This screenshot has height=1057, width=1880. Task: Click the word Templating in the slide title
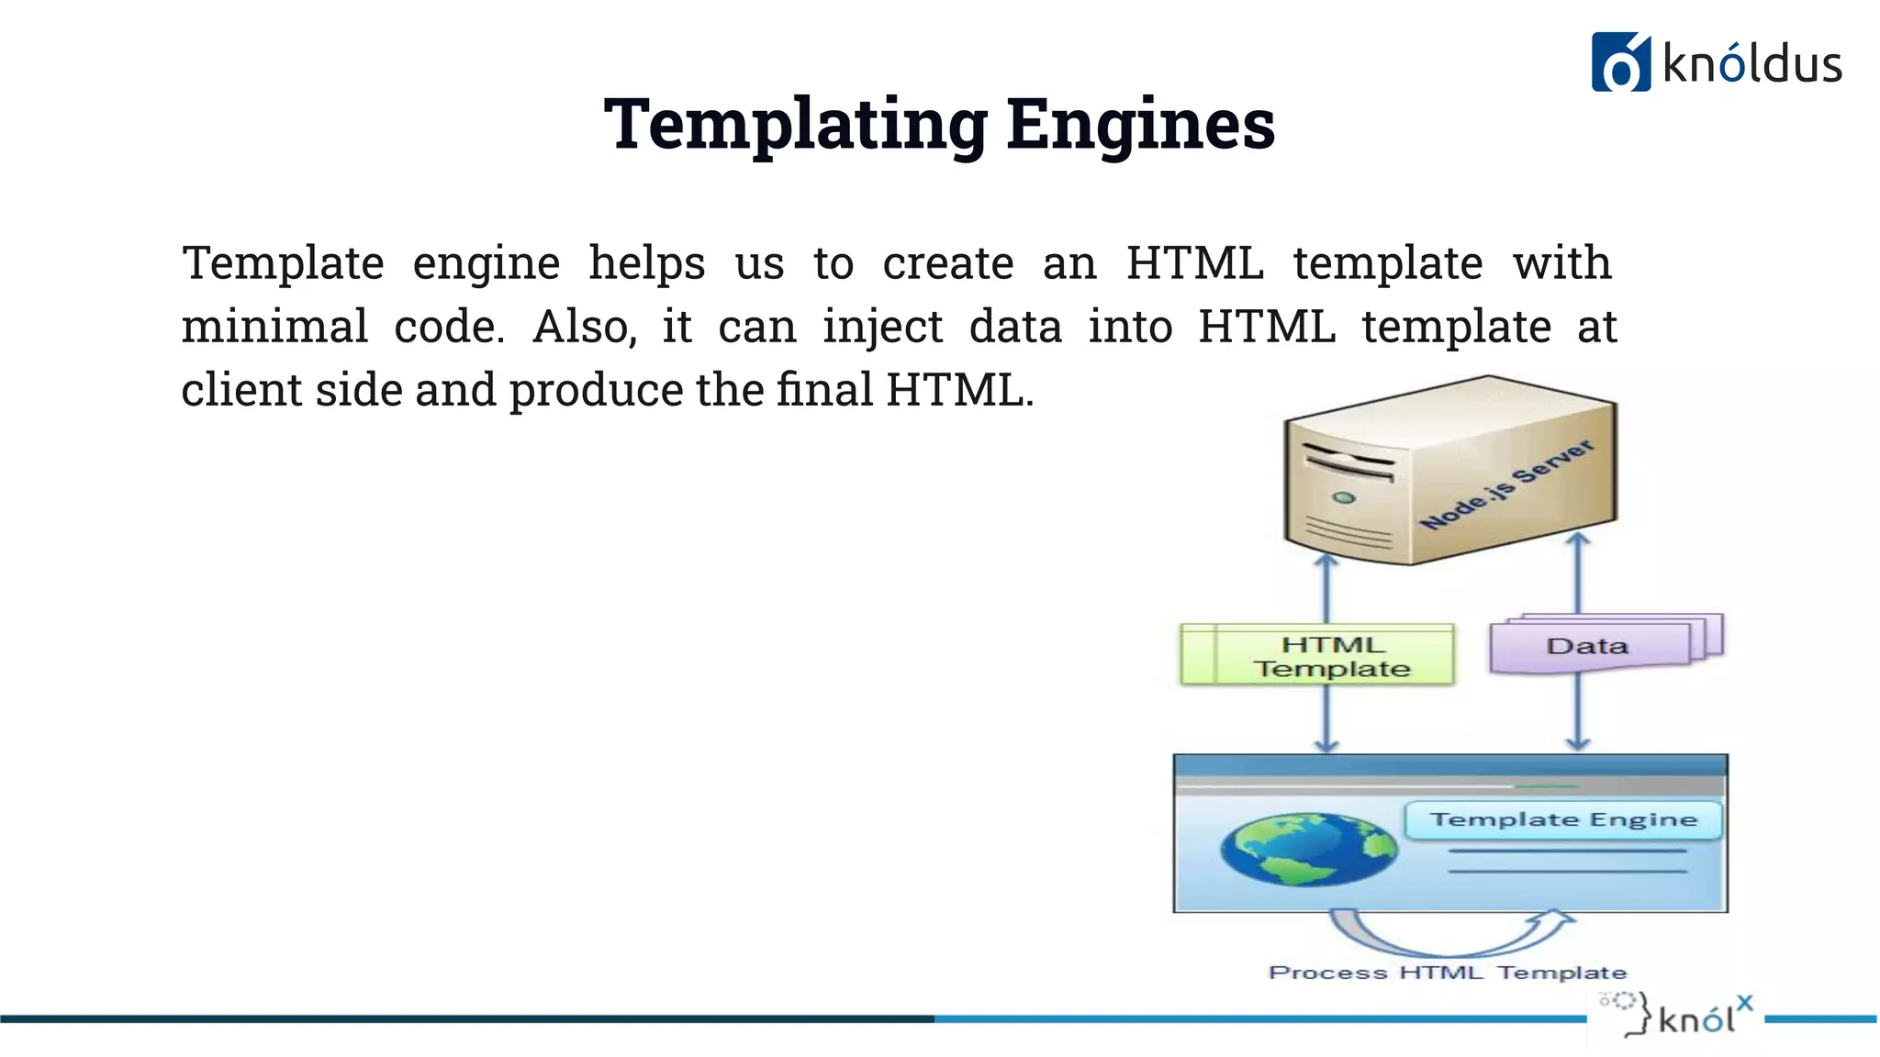pyautogui.click(x=795, y=125)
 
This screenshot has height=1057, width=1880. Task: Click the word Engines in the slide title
pyautogui.click(x=1140, y=125)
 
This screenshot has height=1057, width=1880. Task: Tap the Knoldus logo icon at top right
pyautogui.click(x=1620, y=62)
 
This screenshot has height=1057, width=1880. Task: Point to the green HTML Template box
pyautogui.click(x=1318, y=655)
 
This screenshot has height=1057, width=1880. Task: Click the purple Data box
pyautogui.click(x=1588, y=646)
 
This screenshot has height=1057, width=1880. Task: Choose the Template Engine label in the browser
pyautogui.click(x=1563, y=819)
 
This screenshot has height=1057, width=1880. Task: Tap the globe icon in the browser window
pyautogui.click(x=1308, y=849)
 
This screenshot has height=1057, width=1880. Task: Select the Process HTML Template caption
pyautogui.click(x=1448, y=973)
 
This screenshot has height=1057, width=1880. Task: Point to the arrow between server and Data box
pyautogui.click(x=1578, y=573)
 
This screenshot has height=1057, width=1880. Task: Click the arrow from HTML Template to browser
pyautogui.click(x=1326, y=718)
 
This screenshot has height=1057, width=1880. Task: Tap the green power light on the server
pyautogui.click(x=1344, y=498)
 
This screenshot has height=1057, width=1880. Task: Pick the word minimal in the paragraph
pyautogui.click(x=274, y=327)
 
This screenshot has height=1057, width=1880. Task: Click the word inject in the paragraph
pyautogui.click(x=882, y=327)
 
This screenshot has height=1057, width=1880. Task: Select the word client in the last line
pyautogui.click(x=242, y=390)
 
